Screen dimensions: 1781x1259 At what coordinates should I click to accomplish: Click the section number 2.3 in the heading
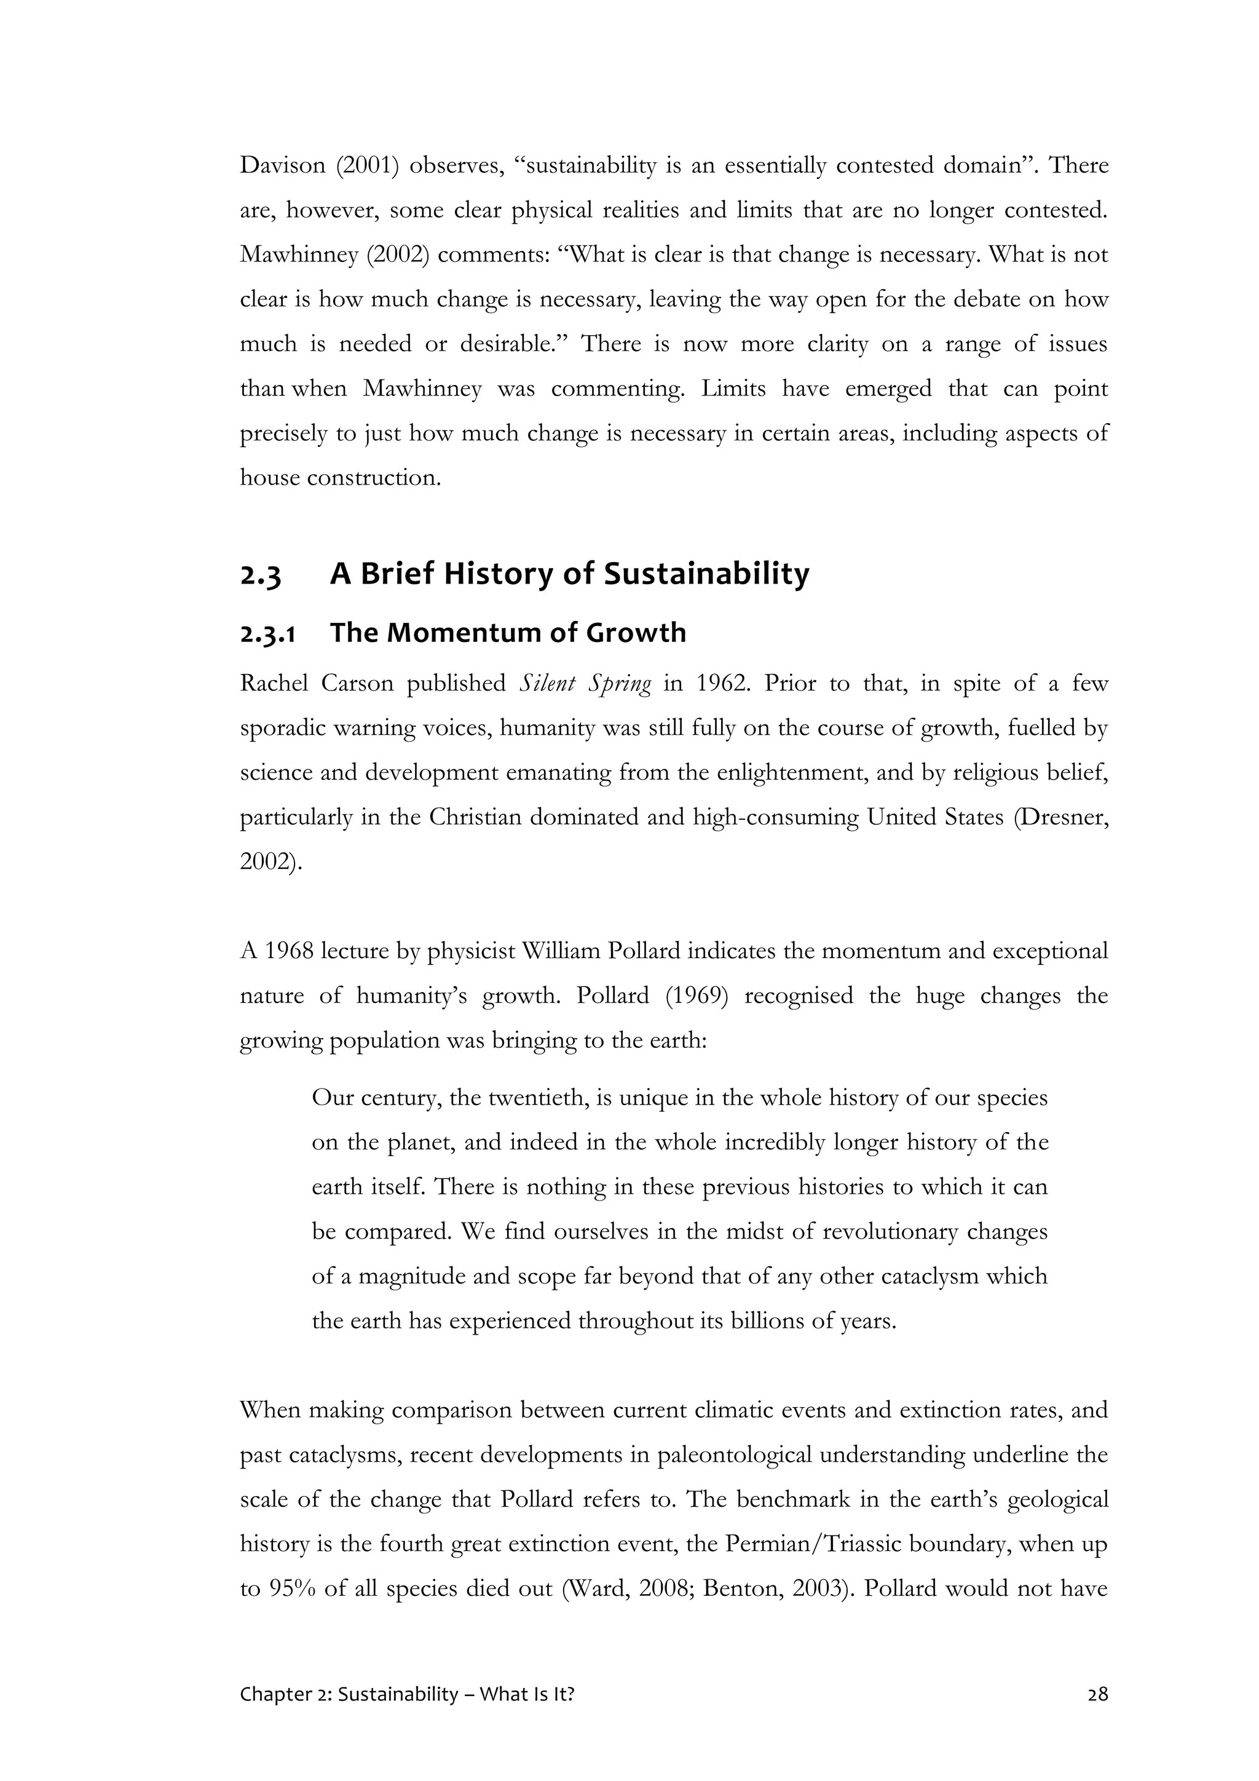click(x=261, y=576)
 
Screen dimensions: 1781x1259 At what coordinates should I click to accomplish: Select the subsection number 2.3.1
click(x=267, y=634)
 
